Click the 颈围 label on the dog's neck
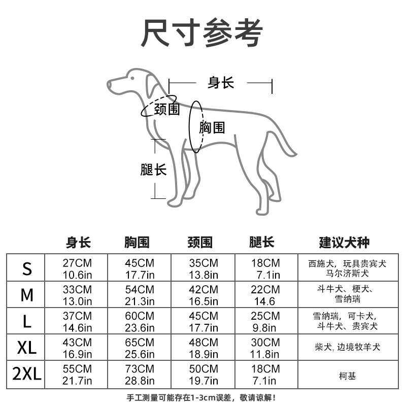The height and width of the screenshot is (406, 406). [x=167, y=109]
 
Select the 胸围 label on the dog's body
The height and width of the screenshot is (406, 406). [x=212, y=127]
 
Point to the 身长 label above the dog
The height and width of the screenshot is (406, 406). [x=221, y=83]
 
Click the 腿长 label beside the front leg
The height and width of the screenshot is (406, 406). [x=153, y=169]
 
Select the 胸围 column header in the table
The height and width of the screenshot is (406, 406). [x=137, y=242]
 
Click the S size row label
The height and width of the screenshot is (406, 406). [x=26, y=269]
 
